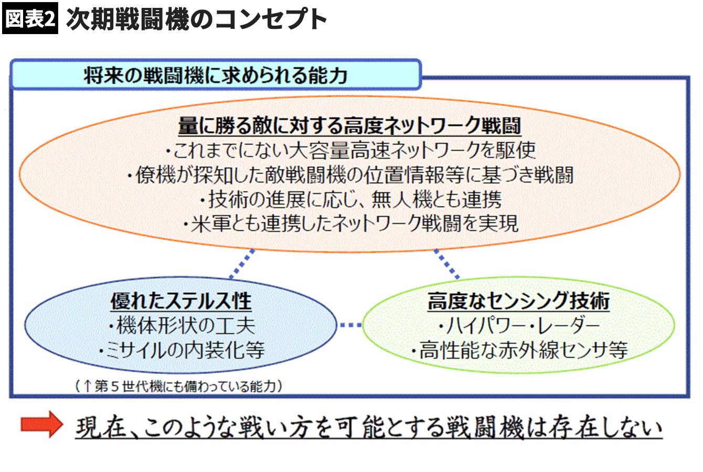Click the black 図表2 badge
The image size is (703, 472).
tap(30, 19)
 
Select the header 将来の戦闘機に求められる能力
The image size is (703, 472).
tap(215, 75)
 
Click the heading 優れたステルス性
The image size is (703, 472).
tap(181, 301)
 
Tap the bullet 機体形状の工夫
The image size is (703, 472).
tap(181, 326)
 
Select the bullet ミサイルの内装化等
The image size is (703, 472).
tap(181, 350)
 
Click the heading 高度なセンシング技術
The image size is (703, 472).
tap(518, 301)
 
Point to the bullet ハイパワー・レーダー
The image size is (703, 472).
tap(518, 326)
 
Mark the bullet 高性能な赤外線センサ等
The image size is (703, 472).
tap(518, 350)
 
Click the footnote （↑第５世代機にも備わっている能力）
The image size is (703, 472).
tap(178, 387)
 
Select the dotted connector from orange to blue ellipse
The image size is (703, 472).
tap(242, 264)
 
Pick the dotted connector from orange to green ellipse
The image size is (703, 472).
tap(446, 264)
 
